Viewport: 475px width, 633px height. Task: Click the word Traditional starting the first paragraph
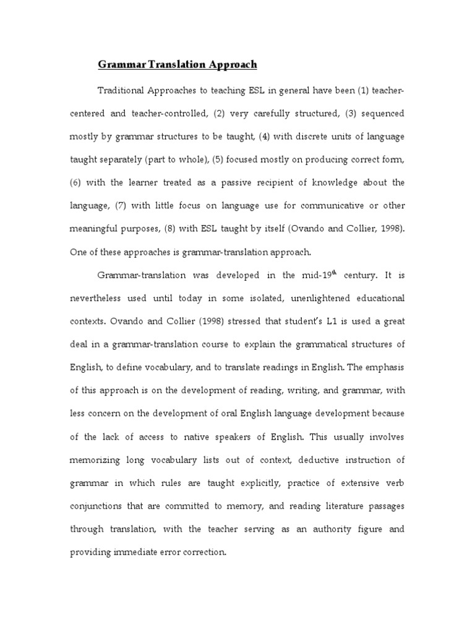click(x=121, y=91)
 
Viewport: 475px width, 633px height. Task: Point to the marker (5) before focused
click(x=217, y=159)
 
